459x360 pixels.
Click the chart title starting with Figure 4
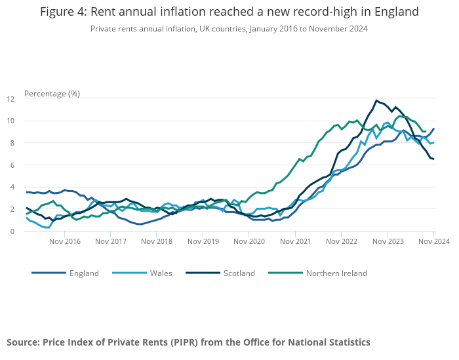(229, 12)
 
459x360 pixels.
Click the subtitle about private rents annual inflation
(229, 28)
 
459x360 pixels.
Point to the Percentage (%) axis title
(52, 93)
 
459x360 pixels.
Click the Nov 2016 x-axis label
(65, 241)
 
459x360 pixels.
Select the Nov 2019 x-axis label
(203, 241)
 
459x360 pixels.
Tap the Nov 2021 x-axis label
(296, 241)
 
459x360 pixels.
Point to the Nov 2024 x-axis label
(433, 241)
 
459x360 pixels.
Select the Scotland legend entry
(239, 273)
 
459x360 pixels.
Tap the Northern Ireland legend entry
(336, 273)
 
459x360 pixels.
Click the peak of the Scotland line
(376, 100)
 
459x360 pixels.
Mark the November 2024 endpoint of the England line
(433, 129)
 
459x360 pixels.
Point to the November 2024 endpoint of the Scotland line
(433, 159)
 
